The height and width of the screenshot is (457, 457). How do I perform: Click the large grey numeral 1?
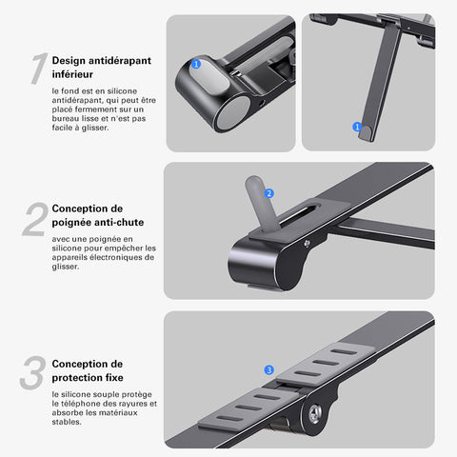coord(39,69)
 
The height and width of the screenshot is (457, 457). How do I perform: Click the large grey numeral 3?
coord(32,372)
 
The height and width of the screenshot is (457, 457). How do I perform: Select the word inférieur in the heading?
coord(72,74)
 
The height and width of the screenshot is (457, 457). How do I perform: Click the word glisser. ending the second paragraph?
coord(66,267)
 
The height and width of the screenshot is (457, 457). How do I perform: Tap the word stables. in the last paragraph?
coord(67,422)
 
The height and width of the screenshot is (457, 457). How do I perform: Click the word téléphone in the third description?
coord(81,404)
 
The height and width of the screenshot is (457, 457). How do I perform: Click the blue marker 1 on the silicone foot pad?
coord(196,64)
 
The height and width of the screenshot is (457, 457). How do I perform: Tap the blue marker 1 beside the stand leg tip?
coord(357,127)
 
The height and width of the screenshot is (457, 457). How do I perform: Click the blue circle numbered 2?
coord(269,193)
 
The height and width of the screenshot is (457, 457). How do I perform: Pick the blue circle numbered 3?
coord(269,369)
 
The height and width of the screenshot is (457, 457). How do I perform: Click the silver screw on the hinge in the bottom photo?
coord(315,413)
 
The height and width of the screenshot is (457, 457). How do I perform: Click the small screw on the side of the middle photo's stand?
coord(307,244)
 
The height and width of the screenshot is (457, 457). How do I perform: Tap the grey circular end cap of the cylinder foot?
coord(233,113)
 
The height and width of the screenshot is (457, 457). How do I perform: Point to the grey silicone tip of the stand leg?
coord(366,133)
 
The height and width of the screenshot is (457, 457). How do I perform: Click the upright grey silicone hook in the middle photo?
coord(262,203)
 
